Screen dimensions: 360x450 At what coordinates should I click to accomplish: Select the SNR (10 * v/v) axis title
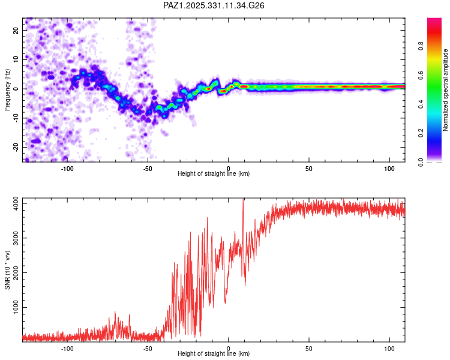tap(7, 269)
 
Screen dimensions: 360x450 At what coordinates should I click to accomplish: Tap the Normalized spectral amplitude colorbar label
tap(446, 90)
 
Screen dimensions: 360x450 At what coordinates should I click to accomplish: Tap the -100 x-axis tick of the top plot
tap(67, 169)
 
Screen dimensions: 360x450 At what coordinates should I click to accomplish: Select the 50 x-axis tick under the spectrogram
tap(308, 169)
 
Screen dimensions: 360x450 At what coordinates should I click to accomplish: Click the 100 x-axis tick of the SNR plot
tap(389, 349)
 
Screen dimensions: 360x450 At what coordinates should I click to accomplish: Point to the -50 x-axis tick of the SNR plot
tap(148, 349)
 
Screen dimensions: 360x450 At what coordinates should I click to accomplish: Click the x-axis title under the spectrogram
tap(214, 174)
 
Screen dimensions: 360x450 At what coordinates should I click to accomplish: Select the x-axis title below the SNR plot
tap(214, 354)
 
